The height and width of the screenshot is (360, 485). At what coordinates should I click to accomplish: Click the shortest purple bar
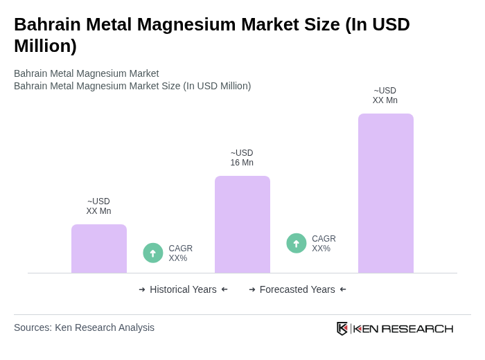click(x=99, y=249)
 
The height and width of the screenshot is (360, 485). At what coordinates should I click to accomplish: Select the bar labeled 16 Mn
click(x=242, y=224)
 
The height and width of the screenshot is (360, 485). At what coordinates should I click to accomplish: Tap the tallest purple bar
click(x=386, y=193)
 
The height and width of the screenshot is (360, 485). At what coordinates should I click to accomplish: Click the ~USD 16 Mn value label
click(x=242, y=158)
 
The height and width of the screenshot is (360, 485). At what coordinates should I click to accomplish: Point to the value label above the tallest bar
click(x=385, y=96)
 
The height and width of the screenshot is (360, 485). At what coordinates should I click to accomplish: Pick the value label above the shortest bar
click(x=98, y=206)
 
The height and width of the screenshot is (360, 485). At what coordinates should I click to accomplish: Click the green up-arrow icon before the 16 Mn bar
click(x=153, y=253)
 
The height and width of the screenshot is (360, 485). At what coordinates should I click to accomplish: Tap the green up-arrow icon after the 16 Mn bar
click(x=297, y=243)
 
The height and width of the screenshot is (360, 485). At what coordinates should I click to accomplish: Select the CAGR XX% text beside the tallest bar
click(x=324, y=244)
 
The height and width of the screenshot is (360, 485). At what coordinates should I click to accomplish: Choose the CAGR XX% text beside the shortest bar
click(x=180, y=253)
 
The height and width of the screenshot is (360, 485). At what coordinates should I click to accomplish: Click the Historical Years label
click(x=183, y=289)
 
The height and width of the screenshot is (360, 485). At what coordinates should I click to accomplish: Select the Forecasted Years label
click(x=297, y=289)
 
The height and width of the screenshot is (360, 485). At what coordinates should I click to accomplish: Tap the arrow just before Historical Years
click(x=142, y=289)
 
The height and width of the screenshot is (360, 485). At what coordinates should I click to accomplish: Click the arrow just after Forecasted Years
click(x=343, y=289)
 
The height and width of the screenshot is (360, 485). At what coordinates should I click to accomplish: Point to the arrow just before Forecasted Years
click(x=252, y=289)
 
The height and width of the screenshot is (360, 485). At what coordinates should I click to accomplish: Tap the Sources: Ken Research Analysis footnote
click(x=84, y=327)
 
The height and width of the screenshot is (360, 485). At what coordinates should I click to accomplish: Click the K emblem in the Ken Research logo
click(x=342, y=328)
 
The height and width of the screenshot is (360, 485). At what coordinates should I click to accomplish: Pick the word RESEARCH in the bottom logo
click(x=417, y=328)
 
